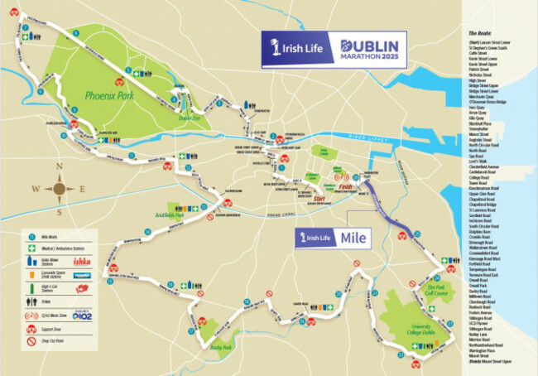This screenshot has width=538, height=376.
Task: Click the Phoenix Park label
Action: coord(113,96)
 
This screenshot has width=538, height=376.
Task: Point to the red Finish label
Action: coord(347,187)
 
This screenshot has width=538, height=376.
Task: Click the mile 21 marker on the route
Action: coord(374,293)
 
